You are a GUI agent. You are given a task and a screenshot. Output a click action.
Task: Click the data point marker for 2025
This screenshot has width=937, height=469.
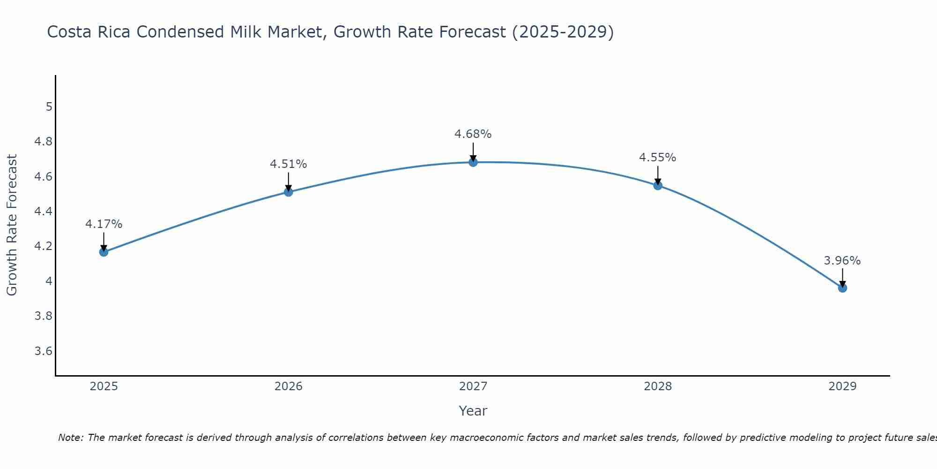point(104,252)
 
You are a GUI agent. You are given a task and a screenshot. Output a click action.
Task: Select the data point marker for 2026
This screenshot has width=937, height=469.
point(289,192)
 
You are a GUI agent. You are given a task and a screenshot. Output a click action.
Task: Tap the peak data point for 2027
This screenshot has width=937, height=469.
point(473,162)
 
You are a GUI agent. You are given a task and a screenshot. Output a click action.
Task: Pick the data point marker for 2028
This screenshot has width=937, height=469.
point(658,185)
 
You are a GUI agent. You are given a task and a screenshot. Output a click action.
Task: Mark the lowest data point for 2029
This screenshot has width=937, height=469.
point(842,287)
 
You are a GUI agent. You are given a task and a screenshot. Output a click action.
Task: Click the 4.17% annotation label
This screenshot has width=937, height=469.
point(104,224)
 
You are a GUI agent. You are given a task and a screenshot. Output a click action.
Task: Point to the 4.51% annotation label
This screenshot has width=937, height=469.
point(289,164)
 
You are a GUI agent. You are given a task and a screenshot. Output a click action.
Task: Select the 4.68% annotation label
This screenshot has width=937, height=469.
point(473,134)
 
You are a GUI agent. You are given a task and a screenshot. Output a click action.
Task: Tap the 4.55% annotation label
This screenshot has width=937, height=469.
point(658,158)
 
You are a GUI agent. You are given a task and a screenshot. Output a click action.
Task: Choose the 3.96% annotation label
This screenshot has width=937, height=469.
point(842,261)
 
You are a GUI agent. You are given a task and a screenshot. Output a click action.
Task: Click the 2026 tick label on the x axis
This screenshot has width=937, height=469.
point(289,386)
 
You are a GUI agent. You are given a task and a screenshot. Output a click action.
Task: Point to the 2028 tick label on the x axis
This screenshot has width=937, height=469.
point(658,386)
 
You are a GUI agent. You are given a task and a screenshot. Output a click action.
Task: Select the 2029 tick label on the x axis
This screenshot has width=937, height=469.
point(842,386)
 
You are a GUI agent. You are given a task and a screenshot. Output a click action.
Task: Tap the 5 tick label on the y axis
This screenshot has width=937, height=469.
point(49,107)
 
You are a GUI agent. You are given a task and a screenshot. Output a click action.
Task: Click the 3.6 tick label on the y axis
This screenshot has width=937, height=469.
point(44,351)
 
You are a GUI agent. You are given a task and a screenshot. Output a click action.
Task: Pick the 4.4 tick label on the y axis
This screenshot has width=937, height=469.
point(44,212)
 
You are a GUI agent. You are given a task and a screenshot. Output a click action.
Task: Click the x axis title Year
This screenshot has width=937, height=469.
point(473,411)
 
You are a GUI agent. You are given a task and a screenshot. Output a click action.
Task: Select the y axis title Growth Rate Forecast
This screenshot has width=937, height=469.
point(12,225)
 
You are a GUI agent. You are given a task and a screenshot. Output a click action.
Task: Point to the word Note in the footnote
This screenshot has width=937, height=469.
point(70,438)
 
